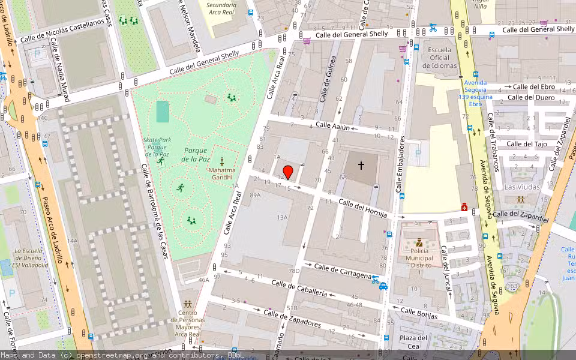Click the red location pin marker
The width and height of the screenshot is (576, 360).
pyautogui.click(x=288, y=172)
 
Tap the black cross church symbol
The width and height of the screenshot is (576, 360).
pyautogui.click(x=361, y=164)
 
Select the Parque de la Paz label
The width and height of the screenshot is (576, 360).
pyautogui.click(x=197, y=154)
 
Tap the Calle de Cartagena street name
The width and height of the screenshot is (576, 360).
pyautogui.click(x=343, y=271)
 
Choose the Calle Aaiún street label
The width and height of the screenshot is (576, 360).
pyautogui.click(x=332, y=126)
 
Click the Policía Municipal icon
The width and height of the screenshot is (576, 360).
pyautogui.click(x=419, y=244)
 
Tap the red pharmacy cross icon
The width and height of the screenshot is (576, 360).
pyautogui.click(x=464, y=206)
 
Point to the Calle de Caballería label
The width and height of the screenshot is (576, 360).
pyautogui.click(x=299, y=288)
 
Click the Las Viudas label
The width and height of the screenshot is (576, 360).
pyautogui.click(x=521, y=187)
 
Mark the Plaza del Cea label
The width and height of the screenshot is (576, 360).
pyautogui.click(x=413, y=341)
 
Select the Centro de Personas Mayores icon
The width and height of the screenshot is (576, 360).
pyautogui.click(x=188, y=304)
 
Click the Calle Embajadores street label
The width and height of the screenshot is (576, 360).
pyautogui.click(x=400, y=166)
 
